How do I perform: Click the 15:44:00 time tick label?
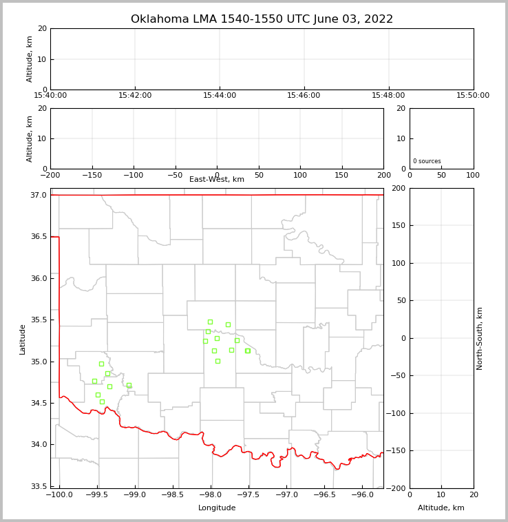220,96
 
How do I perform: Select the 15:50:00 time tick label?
473,96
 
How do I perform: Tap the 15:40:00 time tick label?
50,96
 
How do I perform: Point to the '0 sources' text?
427,161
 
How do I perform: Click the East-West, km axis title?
217,180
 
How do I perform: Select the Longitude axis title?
217,508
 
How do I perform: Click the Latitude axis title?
23,339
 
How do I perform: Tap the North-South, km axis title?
480,338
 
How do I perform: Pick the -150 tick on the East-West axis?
92,176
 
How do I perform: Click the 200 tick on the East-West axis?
383,176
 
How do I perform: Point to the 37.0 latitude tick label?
39,196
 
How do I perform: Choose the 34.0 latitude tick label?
39,445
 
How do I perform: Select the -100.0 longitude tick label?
59,495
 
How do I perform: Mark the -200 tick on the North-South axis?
397,488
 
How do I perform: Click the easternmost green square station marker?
248,351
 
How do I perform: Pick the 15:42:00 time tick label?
135,96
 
